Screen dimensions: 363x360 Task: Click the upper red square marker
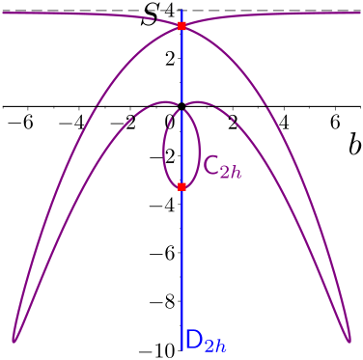181,26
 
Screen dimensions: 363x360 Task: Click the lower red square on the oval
181,186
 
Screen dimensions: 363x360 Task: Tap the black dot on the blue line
181,104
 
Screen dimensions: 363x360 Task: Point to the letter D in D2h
193,339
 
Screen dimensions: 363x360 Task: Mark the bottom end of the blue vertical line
181,347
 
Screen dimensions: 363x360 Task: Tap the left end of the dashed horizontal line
2,13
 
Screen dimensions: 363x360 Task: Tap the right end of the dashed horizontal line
361,13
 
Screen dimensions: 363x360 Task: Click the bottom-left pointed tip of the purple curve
14,340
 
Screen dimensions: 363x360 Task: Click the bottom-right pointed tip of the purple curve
349,340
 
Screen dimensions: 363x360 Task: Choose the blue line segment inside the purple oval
181,145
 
